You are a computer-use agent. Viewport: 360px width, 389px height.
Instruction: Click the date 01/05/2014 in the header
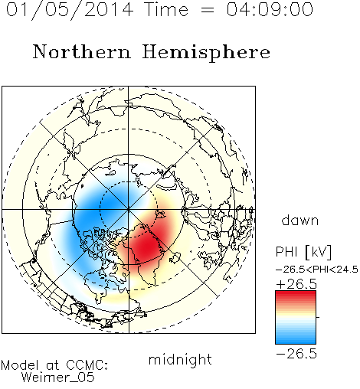click(70, 10)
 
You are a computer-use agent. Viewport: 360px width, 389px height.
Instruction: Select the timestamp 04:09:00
click(270, 9)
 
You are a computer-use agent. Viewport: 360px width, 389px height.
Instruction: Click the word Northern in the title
click(82, 52)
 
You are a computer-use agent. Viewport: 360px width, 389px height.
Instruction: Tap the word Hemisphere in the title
click(206, 53)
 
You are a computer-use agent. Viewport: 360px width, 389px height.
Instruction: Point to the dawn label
click(300, 220)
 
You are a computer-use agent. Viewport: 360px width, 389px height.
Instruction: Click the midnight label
click(180, 360)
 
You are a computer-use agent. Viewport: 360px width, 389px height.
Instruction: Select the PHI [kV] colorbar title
click(303, 252)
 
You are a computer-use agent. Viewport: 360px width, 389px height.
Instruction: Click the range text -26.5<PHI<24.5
click(317, 270)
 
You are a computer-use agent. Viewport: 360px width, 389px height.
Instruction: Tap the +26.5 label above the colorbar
click(296, 284)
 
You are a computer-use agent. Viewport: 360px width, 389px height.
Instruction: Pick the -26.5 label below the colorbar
click(296, 354)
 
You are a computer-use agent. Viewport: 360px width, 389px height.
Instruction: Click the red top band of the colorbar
click(296, 295)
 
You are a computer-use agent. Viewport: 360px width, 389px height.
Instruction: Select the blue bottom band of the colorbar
click(296, 340)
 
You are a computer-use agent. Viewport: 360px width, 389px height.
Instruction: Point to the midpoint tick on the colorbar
click(318, 317)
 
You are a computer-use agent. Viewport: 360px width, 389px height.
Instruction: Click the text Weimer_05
click(58, 378)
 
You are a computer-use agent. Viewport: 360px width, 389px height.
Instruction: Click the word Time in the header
click(166, 9)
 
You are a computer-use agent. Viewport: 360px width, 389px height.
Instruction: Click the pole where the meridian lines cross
click(128, 209)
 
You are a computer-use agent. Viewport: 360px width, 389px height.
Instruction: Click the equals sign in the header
click(208, 10)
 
